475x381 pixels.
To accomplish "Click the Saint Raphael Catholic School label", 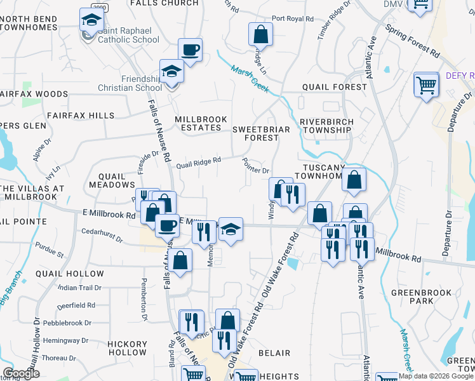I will pyautogui.click(x=128, y=39).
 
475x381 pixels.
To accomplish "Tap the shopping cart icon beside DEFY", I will pyautogui.click(x=426, y=84).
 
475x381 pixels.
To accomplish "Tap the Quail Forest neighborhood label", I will pyautogui.click(x=334, y=87).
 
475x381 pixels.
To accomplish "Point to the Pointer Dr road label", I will pyautogui.click(x=257, y=169).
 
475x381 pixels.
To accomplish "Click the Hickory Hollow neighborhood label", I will pyautogui.click(x=127, y=348).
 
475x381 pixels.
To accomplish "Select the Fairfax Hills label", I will pyautogui.click(x=81, y=116).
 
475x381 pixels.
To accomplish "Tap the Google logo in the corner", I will pyautogui.click(x=22, y=373).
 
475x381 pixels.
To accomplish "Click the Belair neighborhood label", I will pyautogui.click(x=274, y=353).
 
